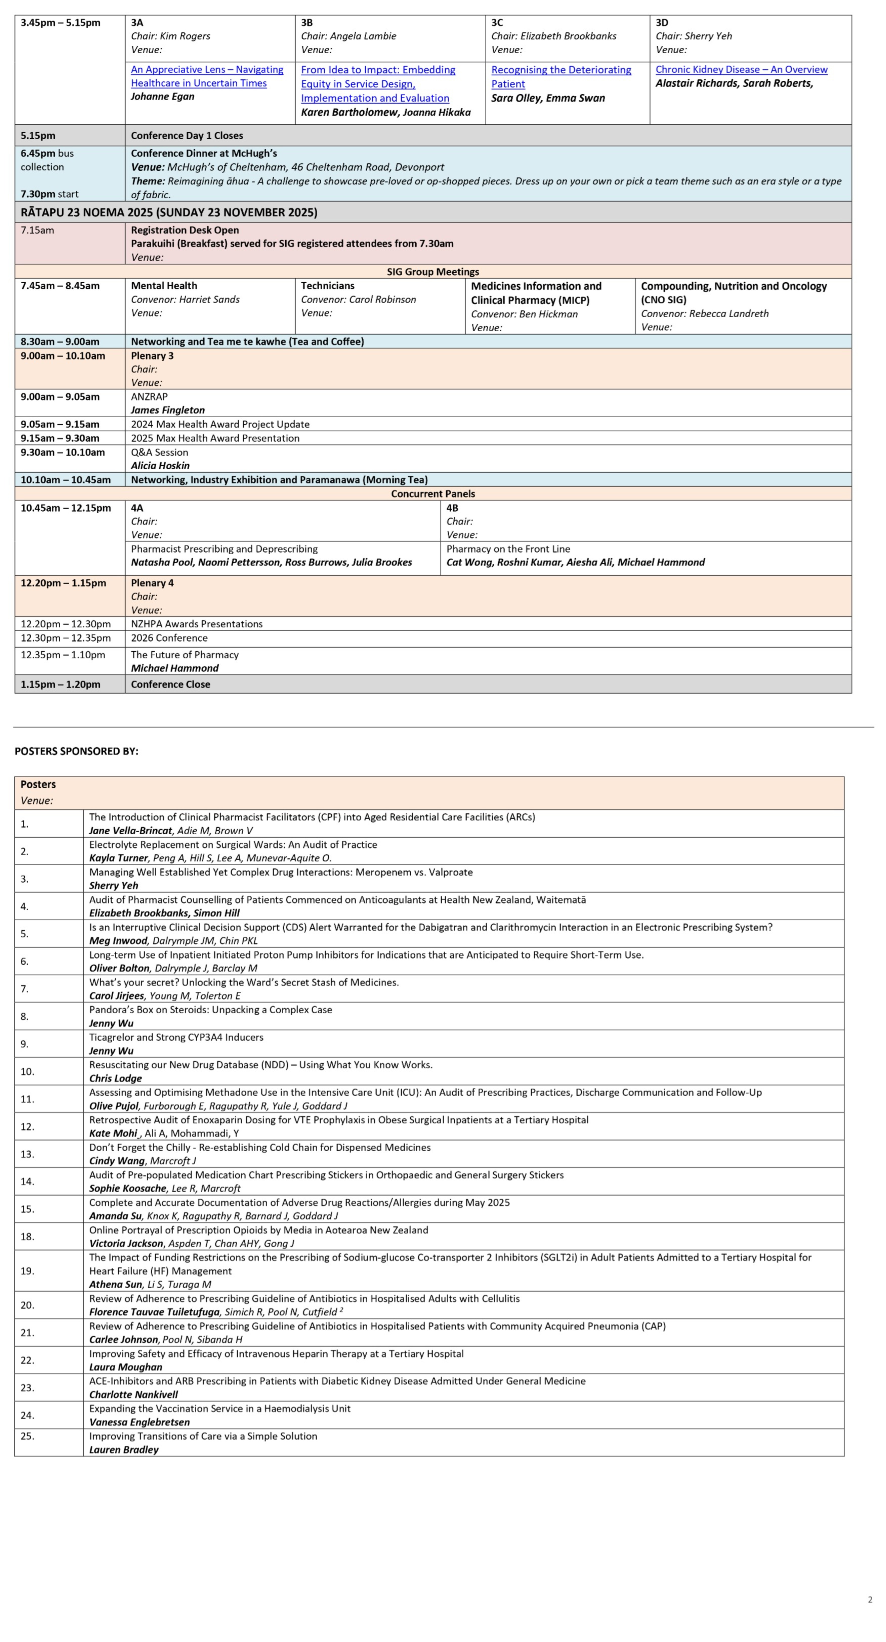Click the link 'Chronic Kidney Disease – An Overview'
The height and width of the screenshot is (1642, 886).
(x=741, y=70)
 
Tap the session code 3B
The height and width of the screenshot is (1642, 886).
(x=307, y=22)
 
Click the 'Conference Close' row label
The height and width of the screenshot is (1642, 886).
(x=170, y=685)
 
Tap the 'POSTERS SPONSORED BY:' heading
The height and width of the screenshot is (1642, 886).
(x=77, y=751)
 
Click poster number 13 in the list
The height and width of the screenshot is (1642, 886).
(x=27, y=1154)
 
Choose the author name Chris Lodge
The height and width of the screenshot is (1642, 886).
(x=115, y=1079)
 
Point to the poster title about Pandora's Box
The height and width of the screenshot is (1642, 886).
(x=210, y=1010)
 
